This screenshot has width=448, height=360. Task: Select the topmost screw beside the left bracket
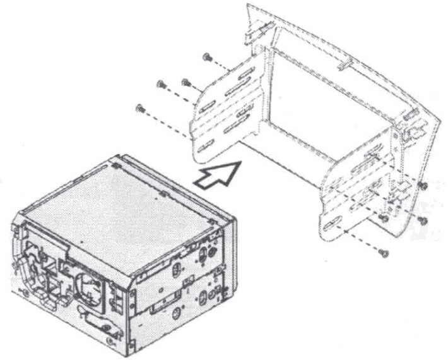[206, 57]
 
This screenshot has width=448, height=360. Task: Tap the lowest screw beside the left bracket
[140, 108]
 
